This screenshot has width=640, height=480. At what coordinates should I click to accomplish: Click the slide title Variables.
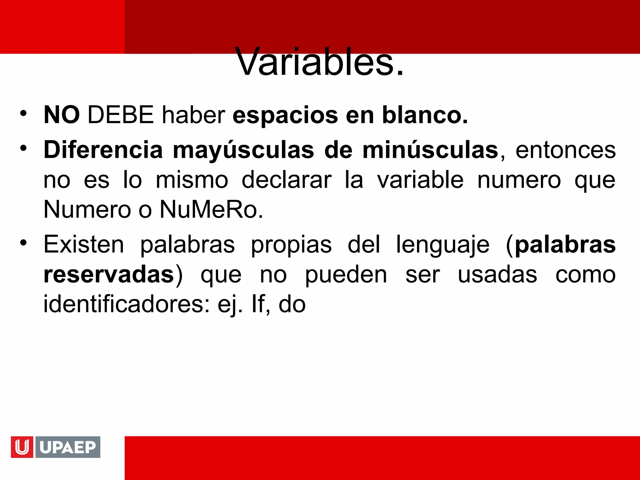point(319,62)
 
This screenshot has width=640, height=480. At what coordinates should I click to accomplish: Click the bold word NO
point(62,115)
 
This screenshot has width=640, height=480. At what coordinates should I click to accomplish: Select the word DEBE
point(121,115)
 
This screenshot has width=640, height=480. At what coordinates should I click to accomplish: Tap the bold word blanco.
point(425,115)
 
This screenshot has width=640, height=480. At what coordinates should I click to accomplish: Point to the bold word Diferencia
point(103,150)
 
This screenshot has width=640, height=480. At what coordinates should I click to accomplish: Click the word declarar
point(286,180)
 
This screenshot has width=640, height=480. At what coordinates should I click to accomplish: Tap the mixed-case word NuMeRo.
point(211,209)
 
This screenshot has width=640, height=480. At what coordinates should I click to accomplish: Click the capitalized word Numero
point(87,209)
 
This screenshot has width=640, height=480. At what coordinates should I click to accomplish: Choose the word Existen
point(84,244)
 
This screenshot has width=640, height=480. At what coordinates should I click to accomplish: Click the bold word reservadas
point(109,275)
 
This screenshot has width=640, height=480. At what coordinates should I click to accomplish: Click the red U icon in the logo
point(22,447)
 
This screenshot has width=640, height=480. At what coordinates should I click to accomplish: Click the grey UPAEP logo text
point(68,447)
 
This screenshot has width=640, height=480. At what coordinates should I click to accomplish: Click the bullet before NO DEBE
point(23,113)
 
